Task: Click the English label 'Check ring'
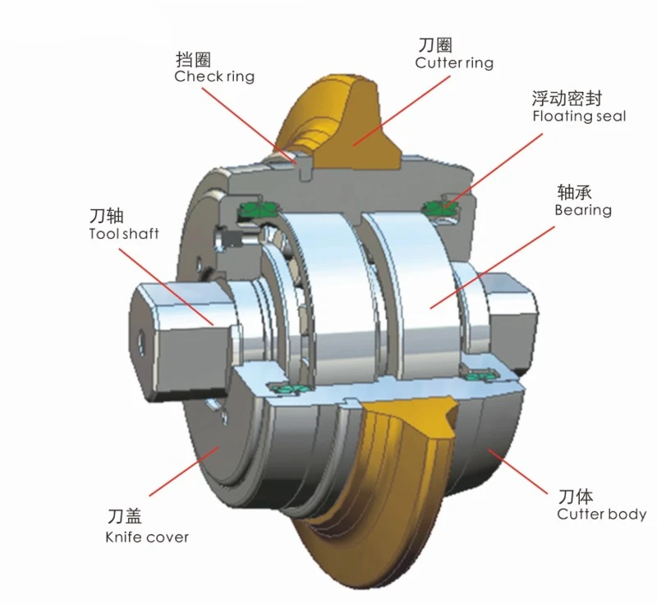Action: (214, 76)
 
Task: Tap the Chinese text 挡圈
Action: (193, 59)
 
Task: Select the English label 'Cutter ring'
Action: (454, 63)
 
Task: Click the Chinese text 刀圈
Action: (435, 45)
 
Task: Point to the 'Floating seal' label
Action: (579, 116)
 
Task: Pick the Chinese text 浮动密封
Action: (567, 98)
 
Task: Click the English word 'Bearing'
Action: (583, 210)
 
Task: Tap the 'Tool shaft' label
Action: (124, 233)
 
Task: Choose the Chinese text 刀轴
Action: (107, 216)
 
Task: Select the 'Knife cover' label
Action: (147, 537)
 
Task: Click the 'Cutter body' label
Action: (601, 514)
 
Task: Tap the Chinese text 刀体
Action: (576, 496)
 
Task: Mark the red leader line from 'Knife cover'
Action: (184, 471)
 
